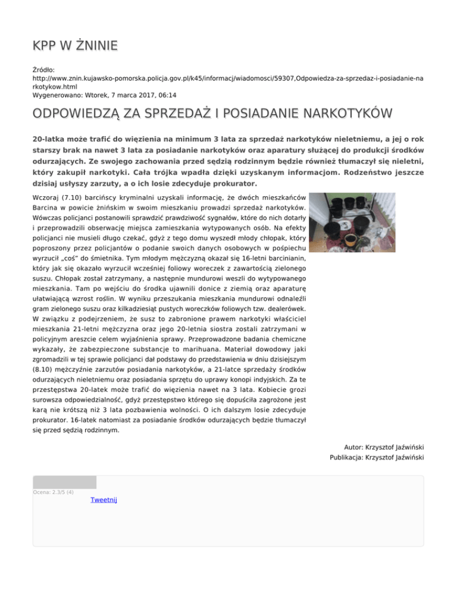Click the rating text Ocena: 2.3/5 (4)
[54, 492]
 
